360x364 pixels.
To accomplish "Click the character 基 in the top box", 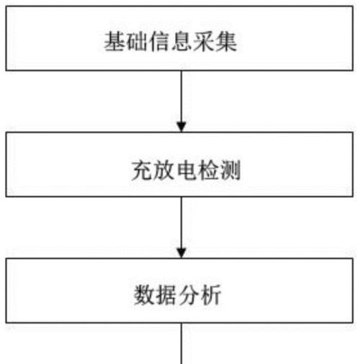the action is (x=114, y=42).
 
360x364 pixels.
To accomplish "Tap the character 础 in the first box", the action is (x=137, y=42).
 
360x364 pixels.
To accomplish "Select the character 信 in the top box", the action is (x=159, y=42).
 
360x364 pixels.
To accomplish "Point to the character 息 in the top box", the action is (x=181, y=42).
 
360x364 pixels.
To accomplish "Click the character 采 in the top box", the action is (x=204, y=42).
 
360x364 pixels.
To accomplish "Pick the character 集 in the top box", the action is (x=226, y=42).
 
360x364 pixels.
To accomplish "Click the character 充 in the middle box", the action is (x=142, y=170).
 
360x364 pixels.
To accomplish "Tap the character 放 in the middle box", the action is (x=164, y=170).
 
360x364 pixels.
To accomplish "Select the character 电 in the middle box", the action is (x=186, y=170).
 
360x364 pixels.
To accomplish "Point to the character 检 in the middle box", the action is (x=208, y=170).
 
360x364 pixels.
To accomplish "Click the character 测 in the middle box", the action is (x=230, y=170).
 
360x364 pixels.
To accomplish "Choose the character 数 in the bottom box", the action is (x=145, y=295).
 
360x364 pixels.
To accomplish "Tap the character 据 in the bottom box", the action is (x=167, y=295).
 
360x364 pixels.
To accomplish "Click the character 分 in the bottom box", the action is (x=189, y=295).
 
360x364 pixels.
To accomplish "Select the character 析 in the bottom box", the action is (x=211, y=295).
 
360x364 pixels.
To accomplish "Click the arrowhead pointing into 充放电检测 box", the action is (x=181, y=127).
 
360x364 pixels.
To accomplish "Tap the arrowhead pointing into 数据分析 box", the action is (x=181, y=253).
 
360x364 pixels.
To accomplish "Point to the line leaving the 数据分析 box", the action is (x=181, y=343).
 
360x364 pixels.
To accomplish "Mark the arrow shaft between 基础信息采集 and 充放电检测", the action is (x=181, y=96).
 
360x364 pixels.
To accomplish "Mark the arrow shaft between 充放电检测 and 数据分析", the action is (x=181, y=223).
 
